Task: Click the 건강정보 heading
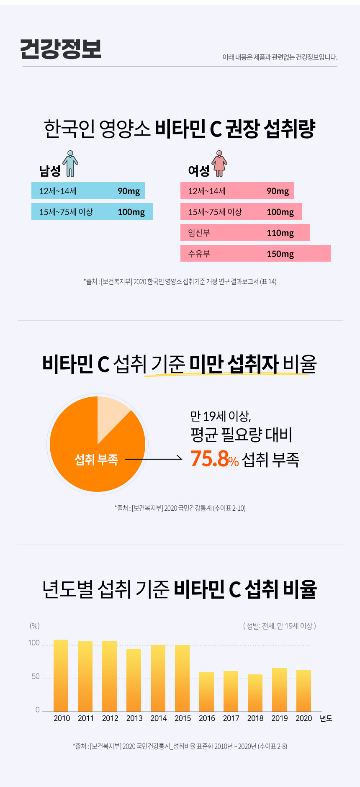tap(61, 49)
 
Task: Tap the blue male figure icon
tap(70, 164)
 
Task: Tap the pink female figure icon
tap(219, 164)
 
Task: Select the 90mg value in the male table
tap(129, 191)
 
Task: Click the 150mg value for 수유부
tap(280, 254)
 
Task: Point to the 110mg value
tap(280, 233)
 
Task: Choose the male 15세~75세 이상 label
tap(66, 212)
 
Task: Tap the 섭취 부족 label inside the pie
tap(96, 460)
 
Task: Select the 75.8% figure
tap(214, 459)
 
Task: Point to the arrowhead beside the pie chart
tap(180, 459)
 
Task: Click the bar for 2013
tap(134, 680)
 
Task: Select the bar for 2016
tap(206, 692)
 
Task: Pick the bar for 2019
tap(279, 689)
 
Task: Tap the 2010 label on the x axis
tap(62, 718)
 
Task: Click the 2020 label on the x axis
tap(303, 718)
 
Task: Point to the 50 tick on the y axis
tap(36, 676)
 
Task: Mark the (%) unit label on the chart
tap(34, 626)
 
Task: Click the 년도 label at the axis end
tap(326, 718)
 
